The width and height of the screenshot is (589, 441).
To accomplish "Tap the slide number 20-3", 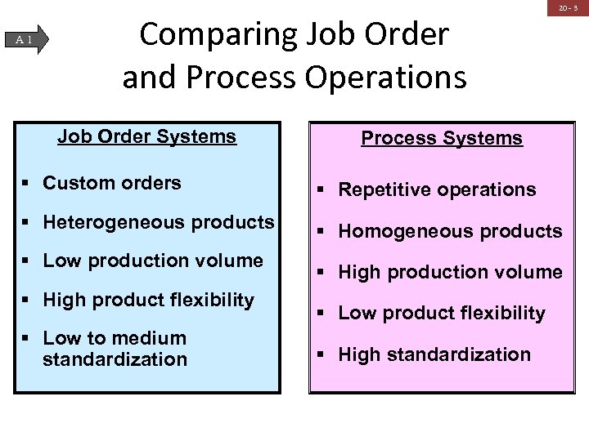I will click(x=569, y=8).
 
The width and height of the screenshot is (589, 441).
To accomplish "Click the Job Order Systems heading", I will click(x=147, y=136).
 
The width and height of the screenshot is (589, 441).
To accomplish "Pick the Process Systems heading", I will click(x=442, y=138).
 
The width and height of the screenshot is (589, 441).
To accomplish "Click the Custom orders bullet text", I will click(x=112, y=183).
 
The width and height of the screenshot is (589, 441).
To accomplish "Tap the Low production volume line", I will click(x=153, y=261).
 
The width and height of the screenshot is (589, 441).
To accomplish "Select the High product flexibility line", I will click(x=148, y=300).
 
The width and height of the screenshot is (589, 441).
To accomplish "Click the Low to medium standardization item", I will click(x=115, y=349).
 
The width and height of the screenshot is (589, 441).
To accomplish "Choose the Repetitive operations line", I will click(x=437, y=189).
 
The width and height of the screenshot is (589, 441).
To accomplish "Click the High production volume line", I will click(x=450, y=272).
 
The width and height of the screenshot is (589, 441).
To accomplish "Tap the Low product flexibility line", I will click(x=442, y=313).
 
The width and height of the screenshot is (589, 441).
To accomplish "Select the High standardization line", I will click(x=434, y=354).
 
